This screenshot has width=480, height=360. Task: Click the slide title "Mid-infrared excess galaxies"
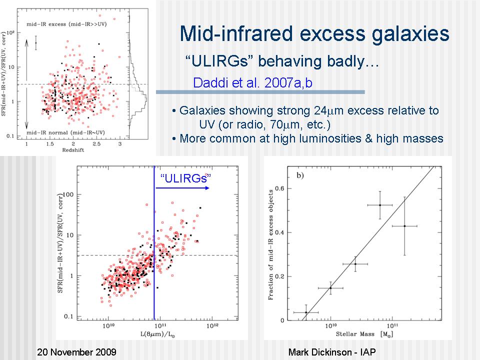pyautogui.click(x=314, y=34)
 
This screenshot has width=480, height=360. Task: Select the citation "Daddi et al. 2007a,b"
pyautogui.click(x=252, y=83)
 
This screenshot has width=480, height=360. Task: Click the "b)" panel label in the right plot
pyautogui.click(x=300, y=174)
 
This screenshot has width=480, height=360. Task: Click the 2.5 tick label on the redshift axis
pyautogui.click(x=96, y=144)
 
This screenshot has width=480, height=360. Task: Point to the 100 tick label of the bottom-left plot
pyautogui.click(x=69, y=194)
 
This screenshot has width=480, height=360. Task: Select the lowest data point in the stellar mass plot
pyautogui.click(x=306, y=312)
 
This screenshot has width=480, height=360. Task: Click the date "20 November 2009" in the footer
pyautogui.click(x=77, y=352)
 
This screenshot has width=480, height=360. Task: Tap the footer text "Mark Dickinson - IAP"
pyautogui.click(x=332, y=352)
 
